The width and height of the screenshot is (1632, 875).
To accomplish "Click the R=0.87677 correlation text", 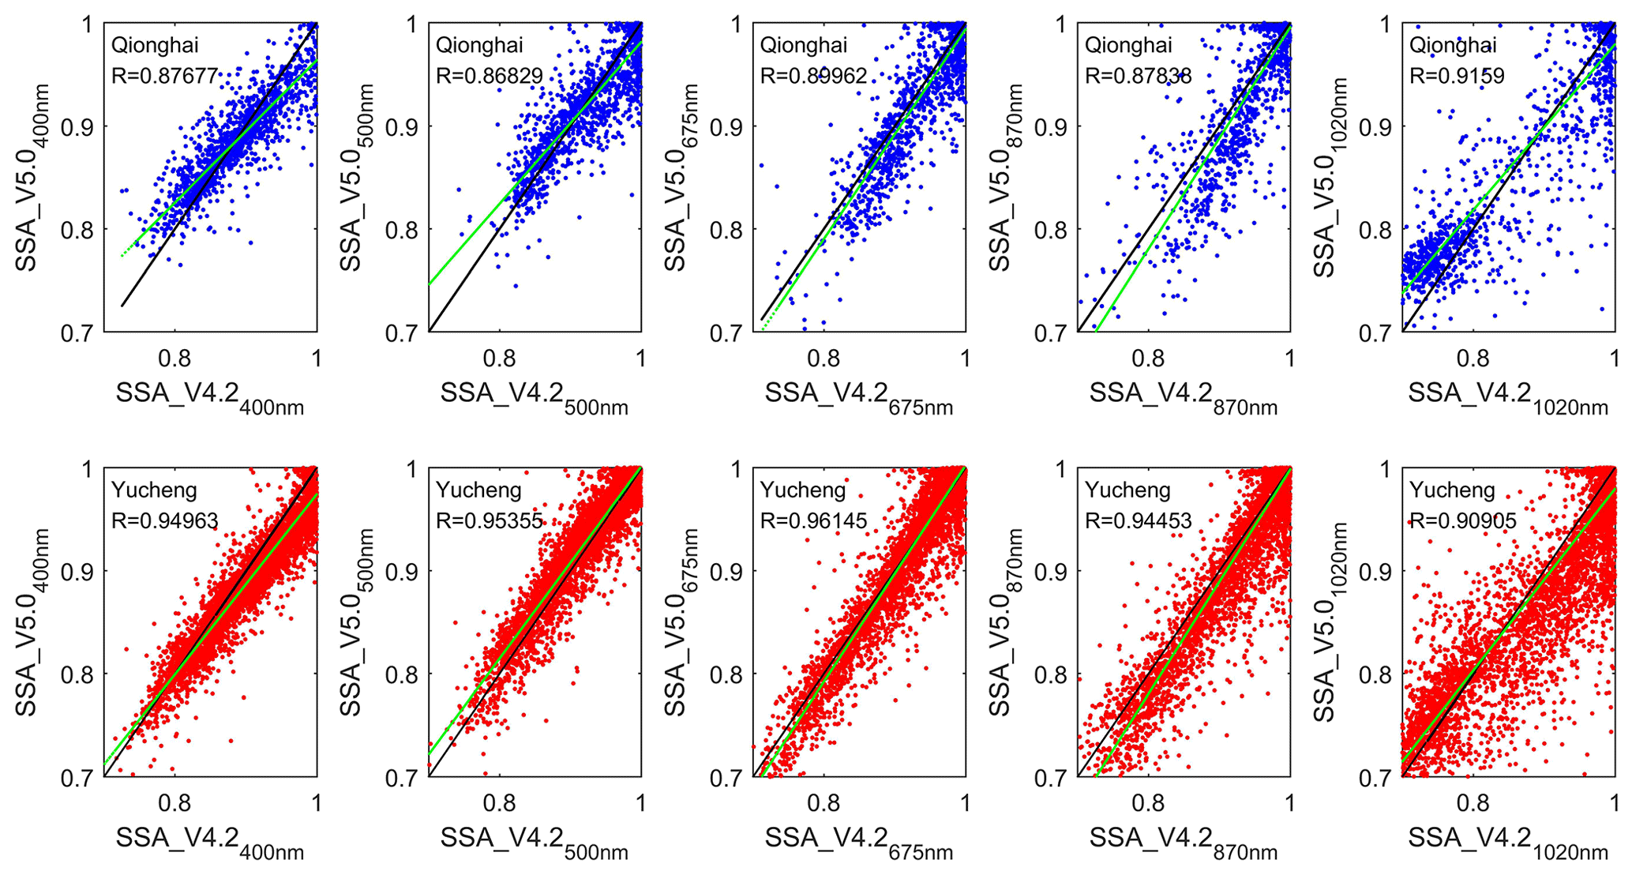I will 164,76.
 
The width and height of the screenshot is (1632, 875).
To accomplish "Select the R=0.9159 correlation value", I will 1457,76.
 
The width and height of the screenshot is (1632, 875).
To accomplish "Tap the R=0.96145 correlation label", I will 813,520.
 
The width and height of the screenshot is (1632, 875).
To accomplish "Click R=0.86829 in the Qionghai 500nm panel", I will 490,76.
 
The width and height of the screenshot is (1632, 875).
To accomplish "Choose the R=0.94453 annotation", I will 1138,520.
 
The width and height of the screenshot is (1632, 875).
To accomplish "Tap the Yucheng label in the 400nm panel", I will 154,490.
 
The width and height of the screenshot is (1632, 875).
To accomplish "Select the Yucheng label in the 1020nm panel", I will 1452,490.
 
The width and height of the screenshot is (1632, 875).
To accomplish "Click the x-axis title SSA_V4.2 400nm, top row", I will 209,396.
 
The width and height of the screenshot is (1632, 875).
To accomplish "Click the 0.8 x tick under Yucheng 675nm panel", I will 824,803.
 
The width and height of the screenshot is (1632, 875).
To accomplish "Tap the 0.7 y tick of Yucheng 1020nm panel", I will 1375,778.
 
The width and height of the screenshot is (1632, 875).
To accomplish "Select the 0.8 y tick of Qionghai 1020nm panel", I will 1375,230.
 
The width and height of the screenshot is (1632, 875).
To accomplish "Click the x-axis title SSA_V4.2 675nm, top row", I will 858,396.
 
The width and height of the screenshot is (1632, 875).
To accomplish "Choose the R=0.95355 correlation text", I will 490,520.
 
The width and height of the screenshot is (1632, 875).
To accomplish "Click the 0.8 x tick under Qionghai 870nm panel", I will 1148,359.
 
